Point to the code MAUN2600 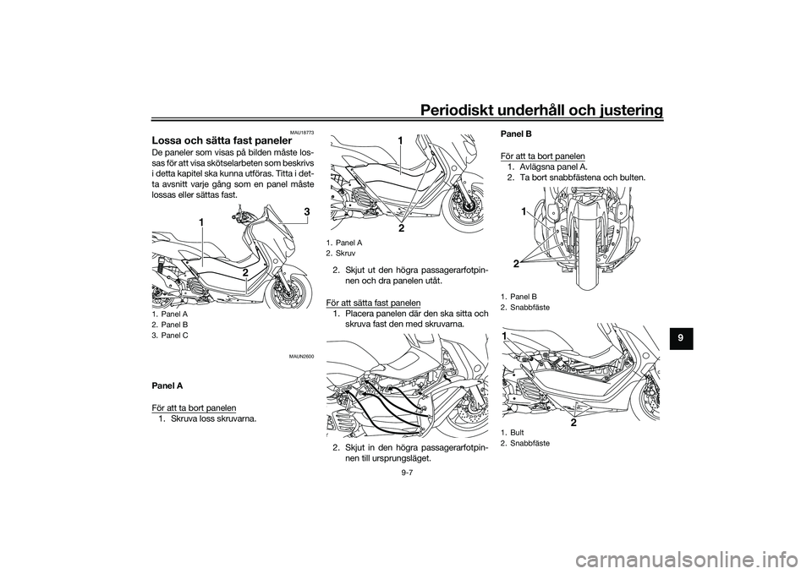point(302,356)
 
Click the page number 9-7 point(407,471)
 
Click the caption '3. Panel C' point(170,336)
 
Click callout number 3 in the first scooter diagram point(306,211)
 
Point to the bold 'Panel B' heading point(515,134)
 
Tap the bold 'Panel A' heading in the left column point(167,386)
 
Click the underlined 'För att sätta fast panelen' point(373,303)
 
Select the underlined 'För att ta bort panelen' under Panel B point(543,156)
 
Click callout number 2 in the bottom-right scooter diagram point(574,423)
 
